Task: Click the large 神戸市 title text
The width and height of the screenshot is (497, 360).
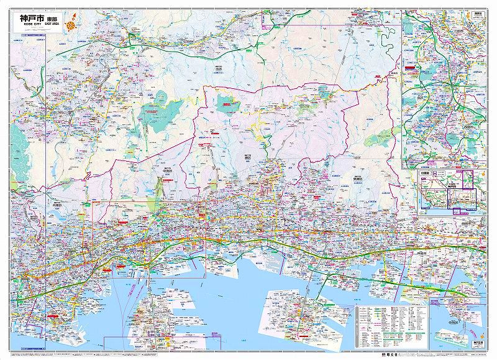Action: point(32,19)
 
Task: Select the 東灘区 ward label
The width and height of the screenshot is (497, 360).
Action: point(357,178)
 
